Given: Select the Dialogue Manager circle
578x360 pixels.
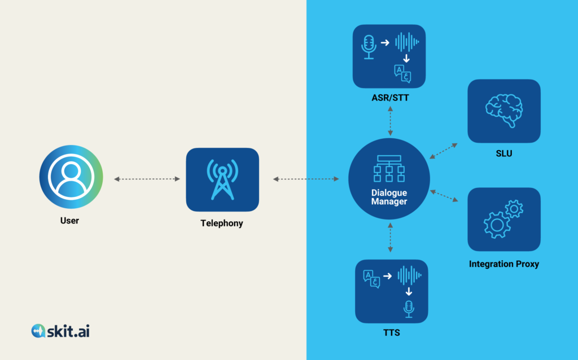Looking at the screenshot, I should pyautogui.click(x=389, y=179).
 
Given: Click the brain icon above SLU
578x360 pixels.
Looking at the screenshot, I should pyautogui.click(x=503, y=111).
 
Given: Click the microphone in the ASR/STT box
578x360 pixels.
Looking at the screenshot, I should pyautogui.click(x=369, y=46).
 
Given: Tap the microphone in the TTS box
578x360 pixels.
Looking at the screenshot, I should pyautogui.click(x=408, y=308).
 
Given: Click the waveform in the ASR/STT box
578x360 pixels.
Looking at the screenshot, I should pyautogui.click(x=407, y=42).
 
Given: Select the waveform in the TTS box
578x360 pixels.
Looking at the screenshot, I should pyautogui.click(x=410, y=275).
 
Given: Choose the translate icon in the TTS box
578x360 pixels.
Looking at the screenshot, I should pyautogui.click(x=371, y=279).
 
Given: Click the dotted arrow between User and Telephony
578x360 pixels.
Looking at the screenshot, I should pyautogui.click(x=147, y=179).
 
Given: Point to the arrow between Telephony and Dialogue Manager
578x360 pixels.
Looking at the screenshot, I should pyautogui.click(x=306, y=179).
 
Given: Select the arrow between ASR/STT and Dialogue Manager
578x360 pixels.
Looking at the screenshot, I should pyautogui.click(x=389, y=120).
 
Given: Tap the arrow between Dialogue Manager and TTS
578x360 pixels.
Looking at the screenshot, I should pyautogui.click(x=389, y=237).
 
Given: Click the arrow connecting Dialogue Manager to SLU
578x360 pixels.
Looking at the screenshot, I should pyautogui.click(x=443, y=151).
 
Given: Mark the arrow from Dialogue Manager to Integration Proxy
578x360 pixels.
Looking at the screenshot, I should pyautogui.click(x=443, y=196).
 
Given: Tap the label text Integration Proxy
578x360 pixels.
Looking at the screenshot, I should pyautogui.click(x=503, y=264).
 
